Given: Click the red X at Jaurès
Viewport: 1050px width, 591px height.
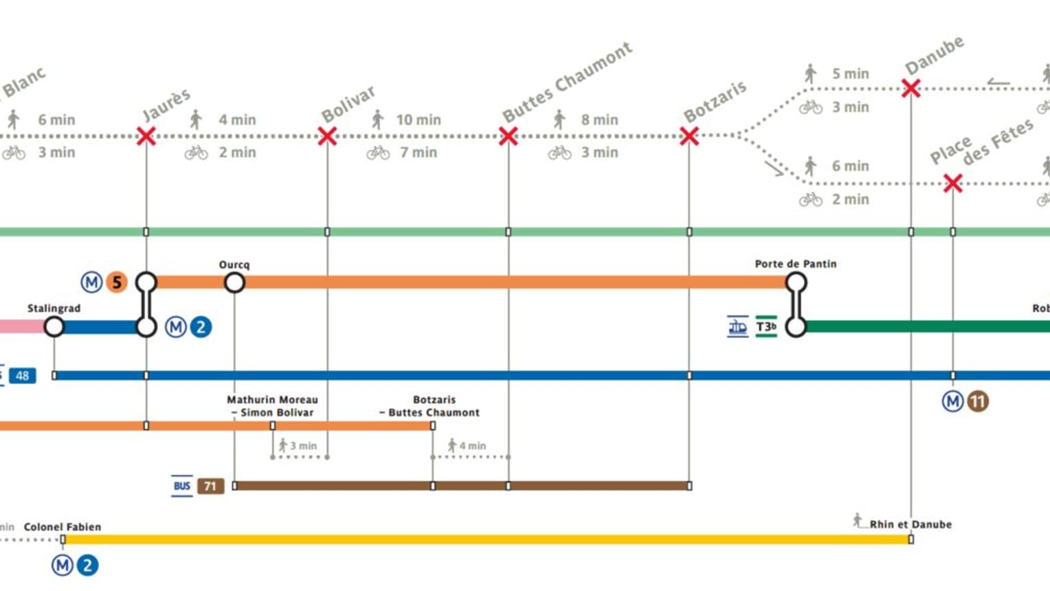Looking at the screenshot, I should pos(146,136).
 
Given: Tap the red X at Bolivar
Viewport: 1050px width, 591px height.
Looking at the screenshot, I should pos(327,136).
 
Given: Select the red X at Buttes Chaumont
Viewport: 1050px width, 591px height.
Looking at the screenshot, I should pos(509,136).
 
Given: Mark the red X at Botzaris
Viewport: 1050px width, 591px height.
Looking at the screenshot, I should pos(689,136).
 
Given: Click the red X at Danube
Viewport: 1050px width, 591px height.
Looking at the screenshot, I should pos(911,89).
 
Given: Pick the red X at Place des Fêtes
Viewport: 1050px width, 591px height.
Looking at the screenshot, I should pos(952,183).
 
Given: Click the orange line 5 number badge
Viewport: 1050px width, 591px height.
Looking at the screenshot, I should pos(117,282).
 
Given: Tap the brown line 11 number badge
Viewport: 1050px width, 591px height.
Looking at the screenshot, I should pos(978,401).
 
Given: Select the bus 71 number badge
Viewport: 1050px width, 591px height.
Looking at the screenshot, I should pos(210,487).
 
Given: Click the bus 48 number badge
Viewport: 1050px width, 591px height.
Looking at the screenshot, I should pos(22,376).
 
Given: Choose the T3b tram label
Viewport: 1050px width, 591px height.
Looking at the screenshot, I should pos(766,327).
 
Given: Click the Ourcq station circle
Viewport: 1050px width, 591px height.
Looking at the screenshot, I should pos(234,282).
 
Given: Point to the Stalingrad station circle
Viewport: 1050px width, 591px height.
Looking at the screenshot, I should pos(54,327).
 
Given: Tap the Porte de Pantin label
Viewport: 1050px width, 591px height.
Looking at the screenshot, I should pos(795,264).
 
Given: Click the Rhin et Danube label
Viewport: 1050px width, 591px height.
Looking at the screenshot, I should pos(911,524).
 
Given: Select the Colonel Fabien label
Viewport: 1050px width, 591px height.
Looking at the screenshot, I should pos(63,527).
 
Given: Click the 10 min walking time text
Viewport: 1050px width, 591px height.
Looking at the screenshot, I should pos(418,120).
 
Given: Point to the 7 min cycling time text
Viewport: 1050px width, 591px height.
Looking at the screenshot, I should pos(418,153).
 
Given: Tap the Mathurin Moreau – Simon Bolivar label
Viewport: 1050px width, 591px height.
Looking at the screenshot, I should pos(272,406).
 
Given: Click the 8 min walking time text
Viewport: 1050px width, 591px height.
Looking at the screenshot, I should pos(599,120).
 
